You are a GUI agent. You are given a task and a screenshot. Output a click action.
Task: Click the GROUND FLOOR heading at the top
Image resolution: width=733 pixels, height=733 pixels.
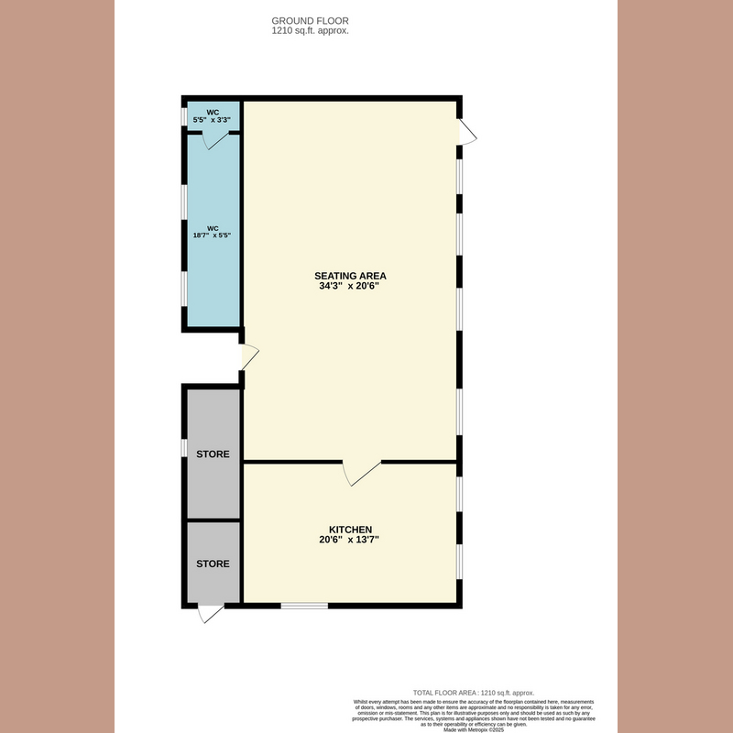311,20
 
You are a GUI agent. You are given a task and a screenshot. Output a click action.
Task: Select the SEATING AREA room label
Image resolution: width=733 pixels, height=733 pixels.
350,276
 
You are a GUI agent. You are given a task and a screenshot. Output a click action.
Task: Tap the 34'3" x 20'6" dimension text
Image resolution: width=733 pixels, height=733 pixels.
350,287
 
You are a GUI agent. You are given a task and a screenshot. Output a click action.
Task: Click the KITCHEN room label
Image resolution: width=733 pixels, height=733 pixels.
350,530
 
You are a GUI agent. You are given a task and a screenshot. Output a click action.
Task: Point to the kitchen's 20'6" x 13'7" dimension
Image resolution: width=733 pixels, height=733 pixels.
350,541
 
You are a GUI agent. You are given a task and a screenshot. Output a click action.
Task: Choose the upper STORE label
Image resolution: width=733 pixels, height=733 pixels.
213,454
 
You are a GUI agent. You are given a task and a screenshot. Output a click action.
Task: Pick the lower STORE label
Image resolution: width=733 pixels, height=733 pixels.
213,563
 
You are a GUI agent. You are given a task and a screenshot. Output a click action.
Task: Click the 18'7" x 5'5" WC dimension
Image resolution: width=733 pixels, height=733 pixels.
213,235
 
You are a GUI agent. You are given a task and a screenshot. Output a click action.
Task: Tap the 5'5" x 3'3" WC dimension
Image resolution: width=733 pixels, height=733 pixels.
211,120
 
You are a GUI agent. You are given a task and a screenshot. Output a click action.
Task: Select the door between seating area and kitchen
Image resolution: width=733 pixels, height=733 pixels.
361,473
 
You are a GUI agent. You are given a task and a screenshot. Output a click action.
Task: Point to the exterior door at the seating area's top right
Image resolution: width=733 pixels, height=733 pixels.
467,135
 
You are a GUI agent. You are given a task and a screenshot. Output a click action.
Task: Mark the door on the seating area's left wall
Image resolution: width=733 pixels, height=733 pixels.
248,356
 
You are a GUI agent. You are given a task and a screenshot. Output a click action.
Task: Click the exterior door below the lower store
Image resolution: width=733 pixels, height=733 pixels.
211,614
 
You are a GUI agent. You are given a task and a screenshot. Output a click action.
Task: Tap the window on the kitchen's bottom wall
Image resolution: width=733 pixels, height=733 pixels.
304,605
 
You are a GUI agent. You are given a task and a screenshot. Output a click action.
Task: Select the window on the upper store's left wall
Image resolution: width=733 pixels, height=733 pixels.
183,454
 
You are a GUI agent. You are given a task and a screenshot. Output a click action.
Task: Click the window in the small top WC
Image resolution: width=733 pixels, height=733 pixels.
183,116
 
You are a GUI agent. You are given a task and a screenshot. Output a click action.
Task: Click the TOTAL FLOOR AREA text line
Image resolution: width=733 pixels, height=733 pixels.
474,693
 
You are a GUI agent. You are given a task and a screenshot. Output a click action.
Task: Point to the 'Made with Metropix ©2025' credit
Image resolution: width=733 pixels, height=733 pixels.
474,729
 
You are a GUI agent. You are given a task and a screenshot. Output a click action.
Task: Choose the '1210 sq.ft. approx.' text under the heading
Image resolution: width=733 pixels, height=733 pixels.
311,30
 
